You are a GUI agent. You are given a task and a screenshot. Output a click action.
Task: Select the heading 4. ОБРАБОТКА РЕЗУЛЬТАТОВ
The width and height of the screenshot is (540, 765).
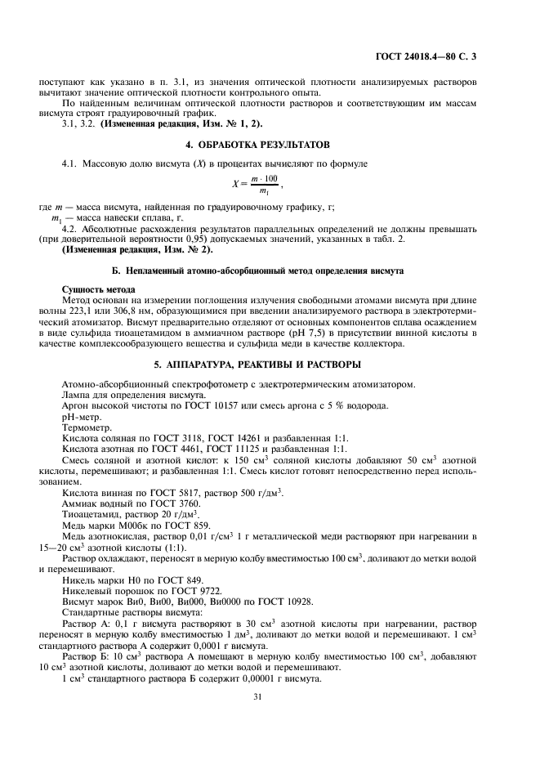tap(258, 145)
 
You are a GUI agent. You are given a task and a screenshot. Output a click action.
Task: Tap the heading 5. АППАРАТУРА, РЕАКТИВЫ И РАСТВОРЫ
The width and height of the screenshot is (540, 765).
tap(258, 364)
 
